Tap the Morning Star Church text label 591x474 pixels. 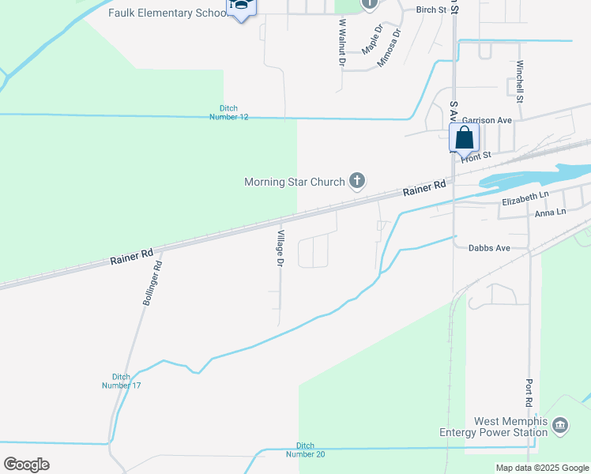tap(295, 182)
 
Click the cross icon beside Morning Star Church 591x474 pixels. tap(357, 182)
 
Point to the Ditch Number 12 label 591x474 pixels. tap(229, 113)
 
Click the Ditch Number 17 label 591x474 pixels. tap(121, 381)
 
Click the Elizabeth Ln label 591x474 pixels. tap(525, 197)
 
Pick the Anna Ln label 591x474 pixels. tap(550, 213)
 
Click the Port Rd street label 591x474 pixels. tap(529, 393)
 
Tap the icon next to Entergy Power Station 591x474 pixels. tap(560, 427)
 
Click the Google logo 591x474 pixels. tap(26, 465)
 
